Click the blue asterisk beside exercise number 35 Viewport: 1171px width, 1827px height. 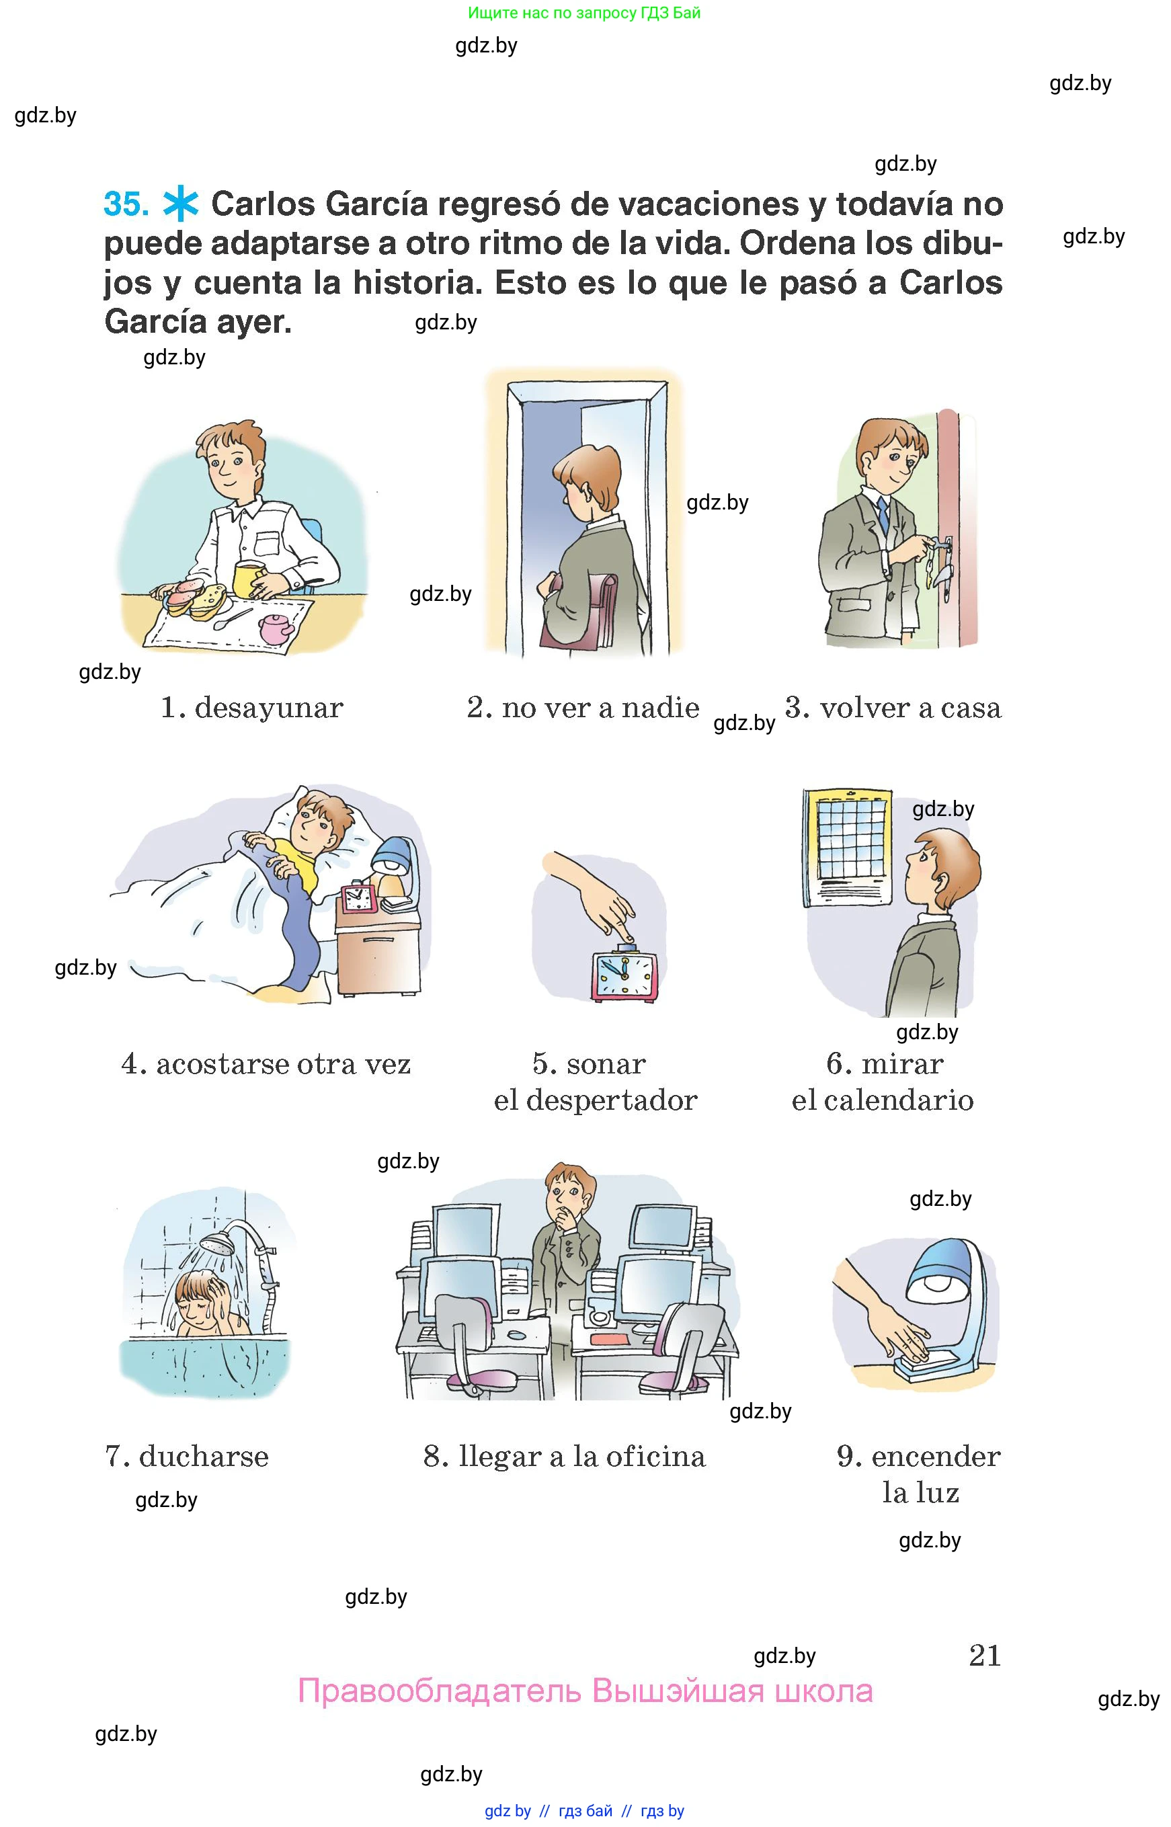pyautogui.click(x=181, y=204)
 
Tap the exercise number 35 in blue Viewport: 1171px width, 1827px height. pyautogui.click(x=126, y=204)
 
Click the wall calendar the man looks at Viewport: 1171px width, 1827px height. pyautogui.click(x=847, y=847)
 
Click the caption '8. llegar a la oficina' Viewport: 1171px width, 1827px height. pyautogui.click(x=564, y=1456)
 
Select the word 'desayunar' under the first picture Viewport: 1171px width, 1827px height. pyautogui.click(x=269, y=708)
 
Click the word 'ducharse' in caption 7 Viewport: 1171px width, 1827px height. pyautogui.click(x=204, y=1456)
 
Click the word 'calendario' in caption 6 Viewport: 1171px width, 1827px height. pyautogui.click(x=898, y=1100)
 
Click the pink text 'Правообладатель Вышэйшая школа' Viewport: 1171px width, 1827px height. pyautogui.click(x=585, y=1691)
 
